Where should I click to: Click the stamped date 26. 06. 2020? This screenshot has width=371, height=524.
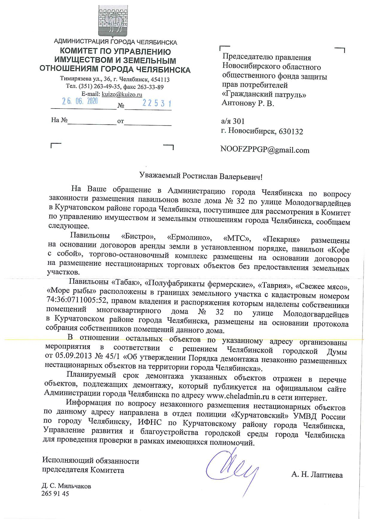tap(80, 102)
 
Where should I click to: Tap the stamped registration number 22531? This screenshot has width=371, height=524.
tap(157, 103)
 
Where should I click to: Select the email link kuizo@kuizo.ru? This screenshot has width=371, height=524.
tap(122, 94)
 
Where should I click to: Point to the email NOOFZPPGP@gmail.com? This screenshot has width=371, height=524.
tap(265, 150)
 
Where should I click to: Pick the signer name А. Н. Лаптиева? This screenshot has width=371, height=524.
tap(317, 475)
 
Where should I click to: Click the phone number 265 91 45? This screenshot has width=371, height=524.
tap(56, 494)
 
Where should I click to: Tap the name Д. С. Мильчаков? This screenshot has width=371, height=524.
tap(66, 486)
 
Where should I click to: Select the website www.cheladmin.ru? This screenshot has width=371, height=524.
tap(238, 398)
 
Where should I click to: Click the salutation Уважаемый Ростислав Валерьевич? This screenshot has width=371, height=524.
tap(201, 177)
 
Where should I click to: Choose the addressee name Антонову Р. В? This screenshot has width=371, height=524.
tap(248, 104)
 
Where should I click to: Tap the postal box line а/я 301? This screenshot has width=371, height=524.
tap(233, 121)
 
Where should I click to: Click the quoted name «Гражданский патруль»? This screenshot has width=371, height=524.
tap(264, 95)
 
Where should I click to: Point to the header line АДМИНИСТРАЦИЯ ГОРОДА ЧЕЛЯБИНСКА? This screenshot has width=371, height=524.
tap(115, 42)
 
